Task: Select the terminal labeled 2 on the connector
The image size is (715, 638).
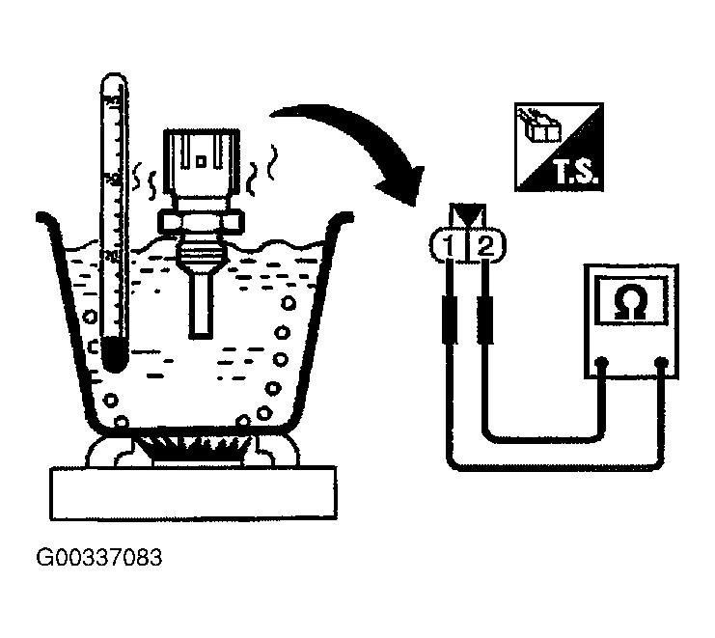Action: click(485, 245)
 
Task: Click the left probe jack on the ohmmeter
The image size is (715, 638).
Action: click(602, 364)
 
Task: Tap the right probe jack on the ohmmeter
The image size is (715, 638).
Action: click(663, 364)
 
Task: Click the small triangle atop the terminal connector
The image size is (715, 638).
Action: click(466, 210)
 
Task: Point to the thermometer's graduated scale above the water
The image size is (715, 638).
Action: click(113, 164)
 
